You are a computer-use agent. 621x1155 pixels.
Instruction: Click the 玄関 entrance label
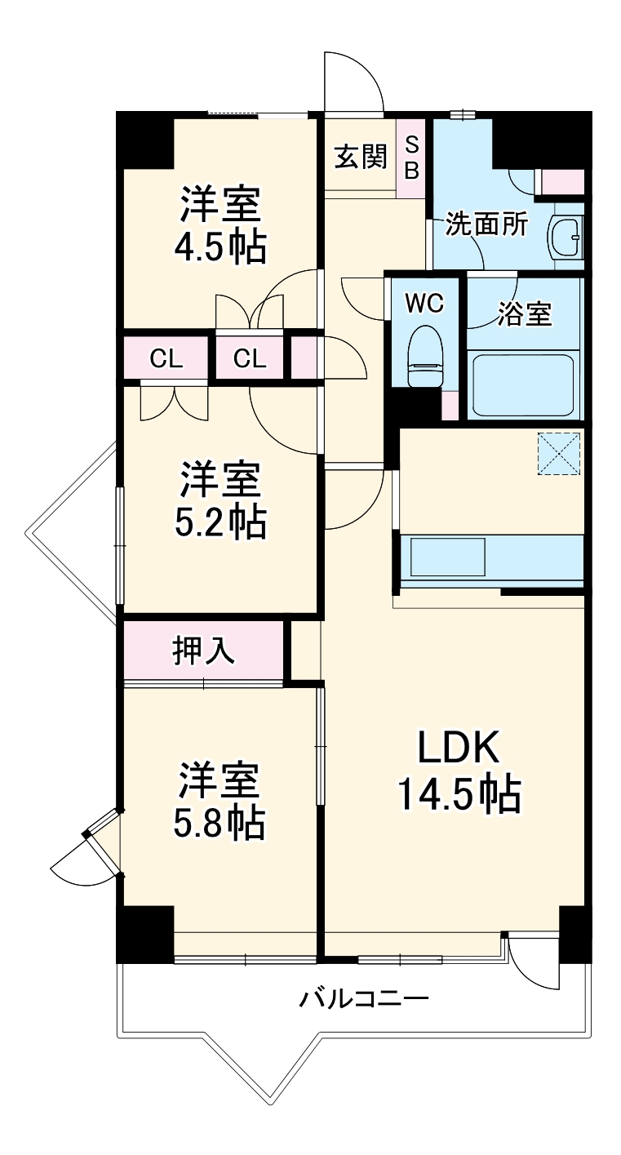pyautogui.click(x=359, y=156)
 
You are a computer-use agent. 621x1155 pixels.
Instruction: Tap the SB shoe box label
pyautogui.click(x=412, y=158)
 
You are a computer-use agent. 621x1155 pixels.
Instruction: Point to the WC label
pyautogui.click(x=424, y=304)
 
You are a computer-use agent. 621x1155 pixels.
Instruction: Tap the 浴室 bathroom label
pyautogui.click(x=525, y=313)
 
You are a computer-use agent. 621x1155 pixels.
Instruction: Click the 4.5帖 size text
pyautogui.click(x=220, y=247)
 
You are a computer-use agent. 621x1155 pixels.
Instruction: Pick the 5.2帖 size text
pyautogui.click(x=220, y=523)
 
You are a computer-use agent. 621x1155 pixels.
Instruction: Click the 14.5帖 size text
pyautogui.click(x=459, y=794)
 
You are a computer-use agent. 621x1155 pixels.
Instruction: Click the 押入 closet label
pyautogui.click(x=204, y=651)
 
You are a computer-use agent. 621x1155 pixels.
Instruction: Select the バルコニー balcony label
pyautogui.click(x=363, y=998)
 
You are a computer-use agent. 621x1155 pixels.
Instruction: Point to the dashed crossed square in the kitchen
pyautogui.click(x=559, y=452)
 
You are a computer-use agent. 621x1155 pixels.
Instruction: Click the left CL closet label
pyautogui.click(x=166, y=358)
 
